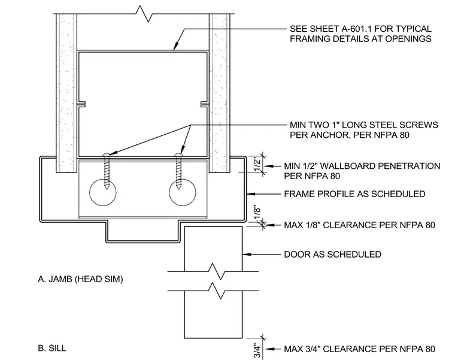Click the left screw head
[107, 155]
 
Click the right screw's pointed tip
[179, 189]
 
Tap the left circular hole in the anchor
[103, 192]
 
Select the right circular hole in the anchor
[183, 192]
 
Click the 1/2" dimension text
[257, 164]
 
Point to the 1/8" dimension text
[257, 214]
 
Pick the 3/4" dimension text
[257, 351]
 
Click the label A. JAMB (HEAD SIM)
[80, 279]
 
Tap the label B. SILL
[52, 348]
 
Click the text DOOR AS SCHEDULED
[332, 255]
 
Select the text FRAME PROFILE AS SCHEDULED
[354, 194]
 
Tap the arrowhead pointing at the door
[247, 255]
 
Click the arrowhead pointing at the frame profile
[251, 194]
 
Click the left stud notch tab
[81, 104]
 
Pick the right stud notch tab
[204, 104]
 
